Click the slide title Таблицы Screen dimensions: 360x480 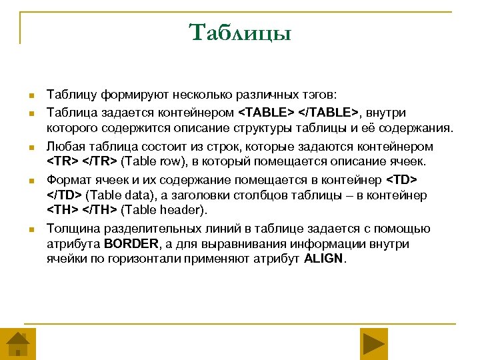[240, 32]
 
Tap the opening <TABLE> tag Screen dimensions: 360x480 [265, 113]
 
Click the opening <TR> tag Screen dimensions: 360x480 [62, 161]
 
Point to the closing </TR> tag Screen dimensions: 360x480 [99, 161]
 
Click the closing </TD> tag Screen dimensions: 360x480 [65, 195]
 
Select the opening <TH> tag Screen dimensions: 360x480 [63, 210]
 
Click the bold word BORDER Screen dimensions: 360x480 [129, 244]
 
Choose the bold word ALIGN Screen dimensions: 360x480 [324, 259]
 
